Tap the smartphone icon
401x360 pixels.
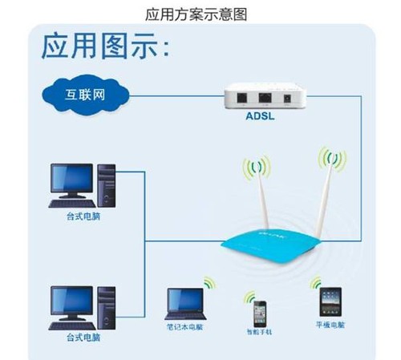[x=257, y=310]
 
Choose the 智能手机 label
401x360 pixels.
[x=259, y=330]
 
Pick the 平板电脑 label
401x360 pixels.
[x=330, y=326]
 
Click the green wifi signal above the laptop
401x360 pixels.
[x=210, y=283]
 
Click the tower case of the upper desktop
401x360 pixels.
[x=107, y=186]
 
